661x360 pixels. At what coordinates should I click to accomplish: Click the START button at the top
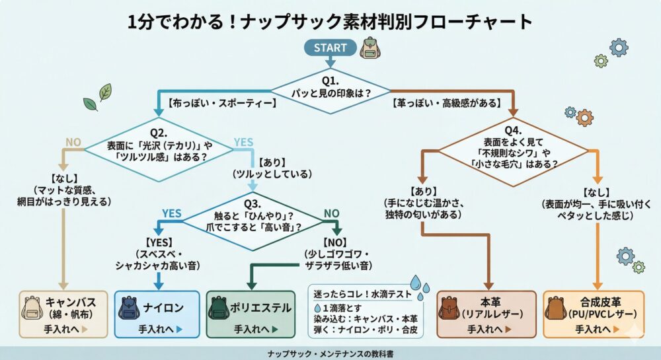[330, 48]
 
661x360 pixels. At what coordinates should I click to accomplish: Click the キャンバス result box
[63, 314]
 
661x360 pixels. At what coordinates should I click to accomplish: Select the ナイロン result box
[157, 314]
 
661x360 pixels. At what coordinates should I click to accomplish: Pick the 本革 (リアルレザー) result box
[485, 314]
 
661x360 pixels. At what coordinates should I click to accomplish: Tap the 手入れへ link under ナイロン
[159, 328]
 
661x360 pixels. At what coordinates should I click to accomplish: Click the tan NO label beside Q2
[73, 141]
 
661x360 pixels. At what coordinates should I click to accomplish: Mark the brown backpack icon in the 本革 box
[449, 309]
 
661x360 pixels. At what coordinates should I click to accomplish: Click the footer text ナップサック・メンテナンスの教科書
[330, 353]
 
